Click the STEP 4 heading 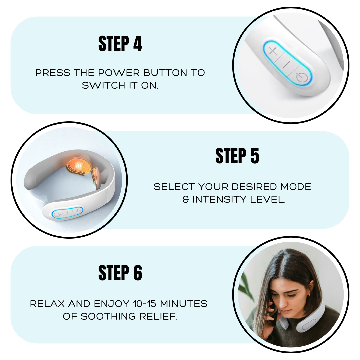click(120, 43)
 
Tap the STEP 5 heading click(237, 156)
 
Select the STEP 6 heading click(120, 273)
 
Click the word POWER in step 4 click(119, 73)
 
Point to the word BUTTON click(165, 73)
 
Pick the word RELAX click(47, 304)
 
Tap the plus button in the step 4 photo click(273, 51)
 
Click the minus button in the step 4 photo click(286, 64)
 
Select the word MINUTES click(184, 304)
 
